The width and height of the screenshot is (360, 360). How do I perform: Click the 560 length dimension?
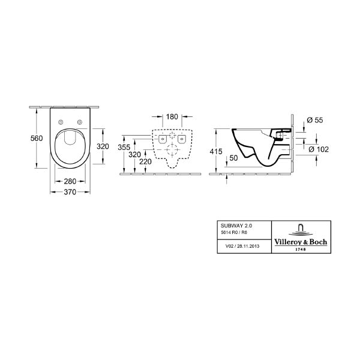tap(37, 138)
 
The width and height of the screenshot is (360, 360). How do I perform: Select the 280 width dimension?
tap(70, 181)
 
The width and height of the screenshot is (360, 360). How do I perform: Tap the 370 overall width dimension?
tap(70, 192)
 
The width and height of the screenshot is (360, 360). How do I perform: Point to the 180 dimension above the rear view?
tap(172, 116)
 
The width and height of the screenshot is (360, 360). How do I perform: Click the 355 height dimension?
tap(124, 147)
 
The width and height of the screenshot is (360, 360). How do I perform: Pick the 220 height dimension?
tap(145, 161)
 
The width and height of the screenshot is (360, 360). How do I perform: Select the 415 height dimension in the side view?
tap(216, 151)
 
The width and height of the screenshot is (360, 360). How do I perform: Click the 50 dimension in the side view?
tap(233, 158)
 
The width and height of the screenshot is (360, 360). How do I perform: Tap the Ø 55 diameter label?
tap(315, 120)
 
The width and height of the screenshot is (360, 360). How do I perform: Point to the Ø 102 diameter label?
tap(319, 149)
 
